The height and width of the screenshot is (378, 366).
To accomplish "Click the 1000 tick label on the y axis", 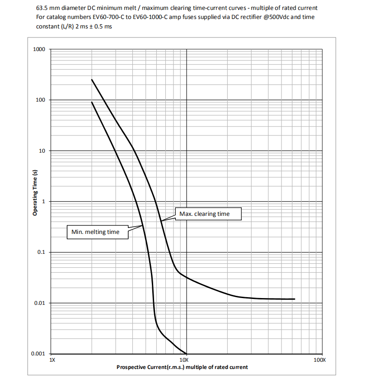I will pyautogui.click(x=39, y=49).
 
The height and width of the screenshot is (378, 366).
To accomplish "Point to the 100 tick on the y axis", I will pyautogui.click(x=41, y=100).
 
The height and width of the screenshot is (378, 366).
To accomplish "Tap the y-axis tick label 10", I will pyautogui.click(x=42, y=151).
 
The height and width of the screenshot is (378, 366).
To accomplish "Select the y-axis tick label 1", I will pyautogui.click(x=44, y=201).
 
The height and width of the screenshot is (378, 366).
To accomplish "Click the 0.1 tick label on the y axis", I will pyautogui.click(x=41, y=252).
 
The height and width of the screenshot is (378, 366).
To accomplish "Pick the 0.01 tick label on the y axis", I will pyautogui.click(x=40, y=303).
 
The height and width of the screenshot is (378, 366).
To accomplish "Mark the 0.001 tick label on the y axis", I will pyautogui.click(x=38, y=354).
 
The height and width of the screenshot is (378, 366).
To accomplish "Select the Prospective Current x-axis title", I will pyautogui.click(x=182, y=367).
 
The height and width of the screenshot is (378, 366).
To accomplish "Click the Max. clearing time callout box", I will pyautogui.click(x=204, y=214).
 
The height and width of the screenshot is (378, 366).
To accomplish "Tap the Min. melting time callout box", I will pyautogui.click(x=95, y=232).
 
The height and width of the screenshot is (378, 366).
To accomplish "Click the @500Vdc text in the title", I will pyautogui.click(x=261, y=17).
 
